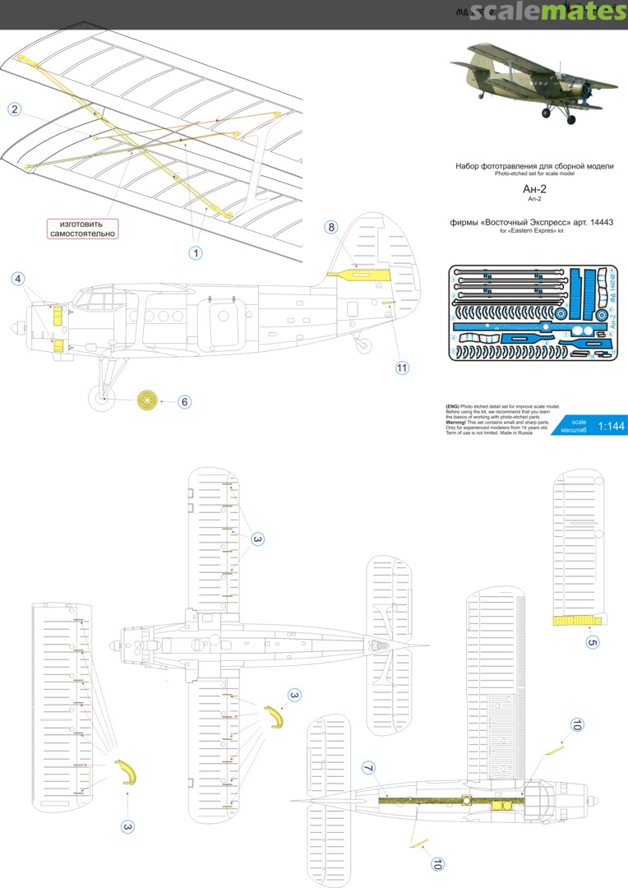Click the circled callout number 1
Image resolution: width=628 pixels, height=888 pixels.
pos(196,253)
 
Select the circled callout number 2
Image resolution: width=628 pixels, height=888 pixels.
pos(14,109)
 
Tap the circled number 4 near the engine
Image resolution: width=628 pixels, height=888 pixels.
pos(17,279)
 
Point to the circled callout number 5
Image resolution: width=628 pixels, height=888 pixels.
pos(593,641)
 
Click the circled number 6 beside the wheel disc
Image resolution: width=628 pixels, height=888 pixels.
pos(185,401)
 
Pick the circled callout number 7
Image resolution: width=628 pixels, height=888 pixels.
pos(368,768)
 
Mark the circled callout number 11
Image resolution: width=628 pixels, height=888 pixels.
pos(402,368)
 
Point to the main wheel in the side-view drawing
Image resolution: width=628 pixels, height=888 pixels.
pos(101,400)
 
